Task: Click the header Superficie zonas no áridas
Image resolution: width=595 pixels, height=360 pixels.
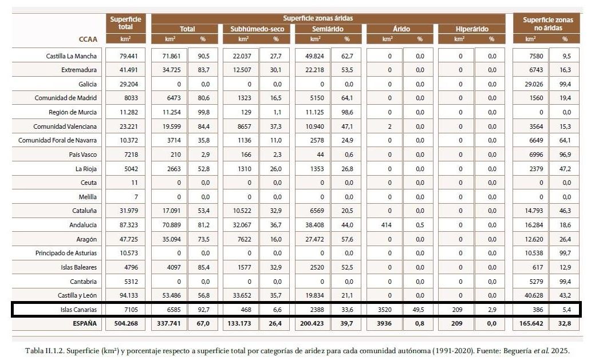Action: pos(547,24)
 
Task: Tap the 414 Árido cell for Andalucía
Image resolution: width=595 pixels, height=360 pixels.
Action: pos(389,225)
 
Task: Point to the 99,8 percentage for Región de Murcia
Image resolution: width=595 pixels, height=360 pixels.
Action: pos(203,112)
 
